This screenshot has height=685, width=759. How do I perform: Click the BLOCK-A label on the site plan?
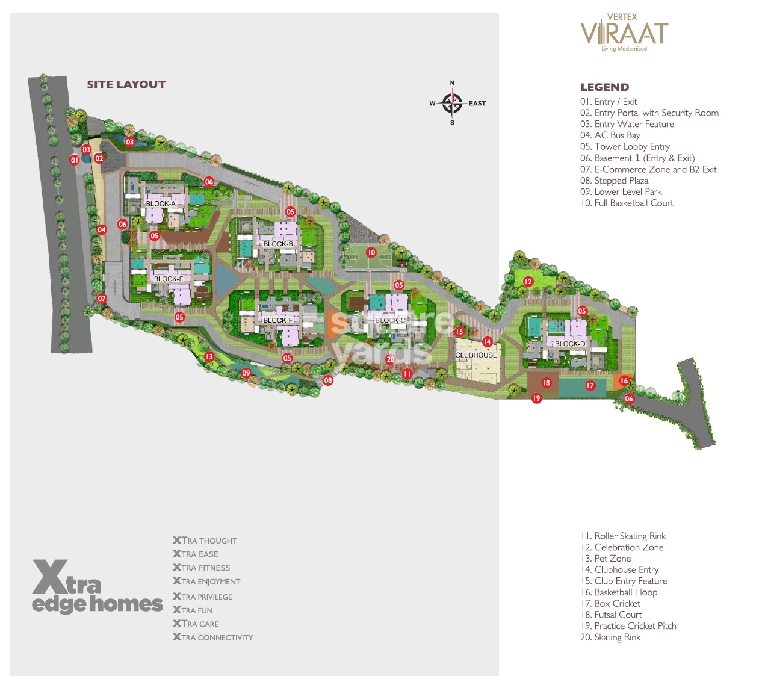pos(161,203)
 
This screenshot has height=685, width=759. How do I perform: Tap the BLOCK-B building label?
pos(278,244)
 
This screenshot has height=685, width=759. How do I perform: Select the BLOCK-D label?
pos(569,344)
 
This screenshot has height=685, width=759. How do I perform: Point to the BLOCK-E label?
pos(169,279)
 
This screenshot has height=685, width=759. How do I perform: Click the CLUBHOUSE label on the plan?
pos(476,355)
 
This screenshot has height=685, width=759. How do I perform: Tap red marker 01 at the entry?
pos(74,160)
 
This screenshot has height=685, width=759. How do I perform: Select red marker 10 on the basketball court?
pos(371,253)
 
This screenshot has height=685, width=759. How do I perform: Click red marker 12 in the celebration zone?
pos(528,281)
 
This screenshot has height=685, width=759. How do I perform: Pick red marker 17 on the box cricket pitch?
pos(590,386)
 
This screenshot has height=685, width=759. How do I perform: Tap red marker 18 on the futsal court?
pos(546,383)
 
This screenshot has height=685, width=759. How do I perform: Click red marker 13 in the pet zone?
pos(209,357)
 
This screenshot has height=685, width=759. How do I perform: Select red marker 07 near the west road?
pos(102,299)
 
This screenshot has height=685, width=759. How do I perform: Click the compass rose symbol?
pos(452,103)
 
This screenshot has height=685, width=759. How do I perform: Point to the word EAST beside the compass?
pos(477,104)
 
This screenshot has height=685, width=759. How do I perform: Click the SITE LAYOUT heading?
pos(126,85)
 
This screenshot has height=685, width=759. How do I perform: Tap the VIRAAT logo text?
pos(624,34)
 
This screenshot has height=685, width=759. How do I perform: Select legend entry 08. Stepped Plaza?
pos(614,181)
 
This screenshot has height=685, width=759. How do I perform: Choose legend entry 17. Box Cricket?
pos(610,604)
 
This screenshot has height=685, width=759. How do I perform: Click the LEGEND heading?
pos(604,87)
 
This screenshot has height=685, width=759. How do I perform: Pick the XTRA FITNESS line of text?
pos(202,568)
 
